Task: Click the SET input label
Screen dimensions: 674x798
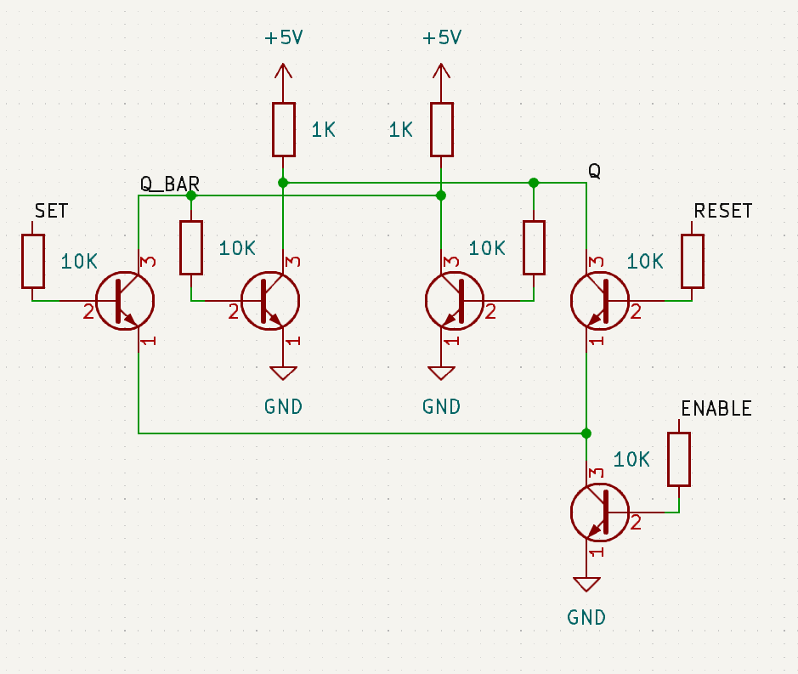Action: click(x=51, y=211)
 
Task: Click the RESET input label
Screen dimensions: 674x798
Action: click(x=722, y=211)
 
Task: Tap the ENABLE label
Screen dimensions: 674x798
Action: click(x=716, y=409)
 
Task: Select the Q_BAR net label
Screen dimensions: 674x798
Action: click(x=169, y=184)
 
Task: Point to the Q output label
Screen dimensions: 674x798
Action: click(x=595, y=171)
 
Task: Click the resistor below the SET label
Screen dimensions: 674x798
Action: click(x=32, y=261)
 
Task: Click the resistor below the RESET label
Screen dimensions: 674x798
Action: click(x=692, y=261)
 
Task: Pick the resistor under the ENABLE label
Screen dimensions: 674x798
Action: click(x=678, y=459)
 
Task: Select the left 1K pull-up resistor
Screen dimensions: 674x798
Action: click(x=284, y=129)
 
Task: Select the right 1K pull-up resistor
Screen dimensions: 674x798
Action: click(x=441, y=129)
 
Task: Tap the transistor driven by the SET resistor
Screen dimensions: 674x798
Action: click(x=124, y=301)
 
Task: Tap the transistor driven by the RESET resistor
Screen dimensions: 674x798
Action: click(x=600, y=301)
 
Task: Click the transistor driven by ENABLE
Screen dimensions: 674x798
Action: click(x=600, y=513)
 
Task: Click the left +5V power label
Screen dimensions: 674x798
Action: click(x=284, y=38)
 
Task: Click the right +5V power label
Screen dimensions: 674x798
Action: click(x=441, y=38)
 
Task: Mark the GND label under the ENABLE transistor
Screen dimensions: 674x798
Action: click(x=586, y=618)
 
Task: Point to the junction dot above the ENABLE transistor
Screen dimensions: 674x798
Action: click(x=586, y=433)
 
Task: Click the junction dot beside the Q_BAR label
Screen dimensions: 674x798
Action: click(x=191, y=195)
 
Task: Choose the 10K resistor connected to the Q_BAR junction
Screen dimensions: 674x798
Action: click(x=191, y=247)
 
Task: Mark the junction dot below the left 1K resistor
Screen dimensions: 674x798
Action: click(x=284, y=183)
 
